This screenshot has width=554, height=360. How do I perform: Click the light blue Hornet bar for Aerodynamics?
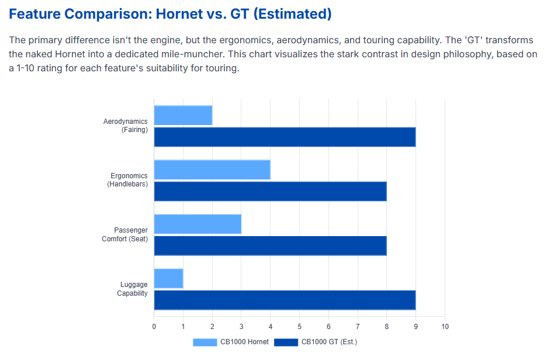click(x=183, y=115)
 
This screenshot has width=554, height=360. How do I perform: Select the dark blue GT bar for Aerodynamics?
click(x=285, y=137)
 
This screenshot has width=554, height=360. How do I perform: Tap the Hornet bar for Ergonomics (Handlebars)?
click(x=212, y=169)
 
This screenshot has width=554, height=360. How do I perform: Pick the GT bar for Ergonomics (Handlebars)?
click(x=270, y=191)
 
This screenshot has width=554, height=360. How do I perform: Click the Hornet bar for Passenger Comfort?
click(x=198, y=224)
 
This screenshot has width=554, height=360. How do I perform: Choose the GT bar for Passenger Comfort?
click(x=270, y=245)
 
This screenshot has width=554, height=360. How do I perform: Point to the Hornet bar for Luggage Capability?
click(x=169, y=278)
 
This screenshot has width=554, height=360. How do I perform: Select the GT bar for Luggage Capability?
click(x=285, y=300)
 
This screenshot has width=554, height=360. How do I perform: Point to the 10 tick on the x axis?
click(x=445, y=326)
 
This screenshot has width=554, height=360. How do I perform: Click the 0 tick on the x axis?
click(x=154, y=326)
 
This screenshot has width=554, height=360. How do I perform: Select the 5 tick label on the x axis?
click(x=300, y=326)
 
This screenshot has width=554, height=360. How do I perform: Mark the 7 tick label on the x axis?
click(x=358, y=326)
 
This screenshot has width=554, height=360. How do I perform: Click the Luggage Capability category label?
click(x=132, y=289)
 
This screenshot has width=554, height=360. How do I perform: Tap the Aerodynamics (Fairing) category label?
click(x=126, y=126)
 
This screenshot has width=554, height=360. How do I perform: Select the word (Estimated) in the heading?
click(x=292, y=15)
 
